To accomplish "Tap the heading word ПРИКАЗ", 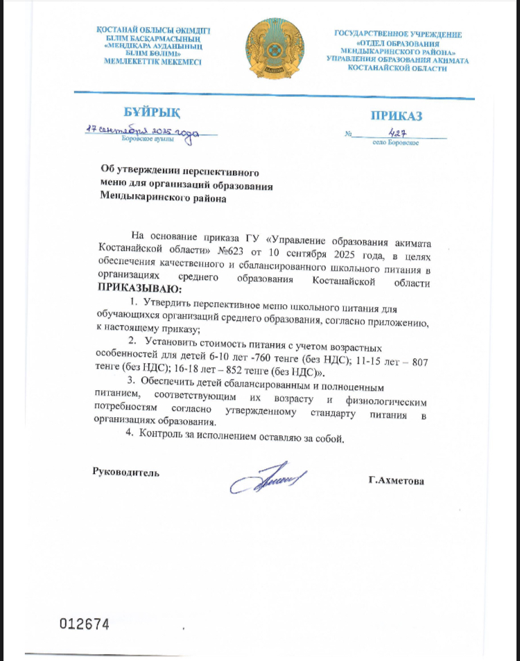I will point(395,116).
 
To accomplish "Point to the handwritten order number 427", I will point(397,133).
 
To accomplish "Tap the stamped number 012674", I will point(85,624).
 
